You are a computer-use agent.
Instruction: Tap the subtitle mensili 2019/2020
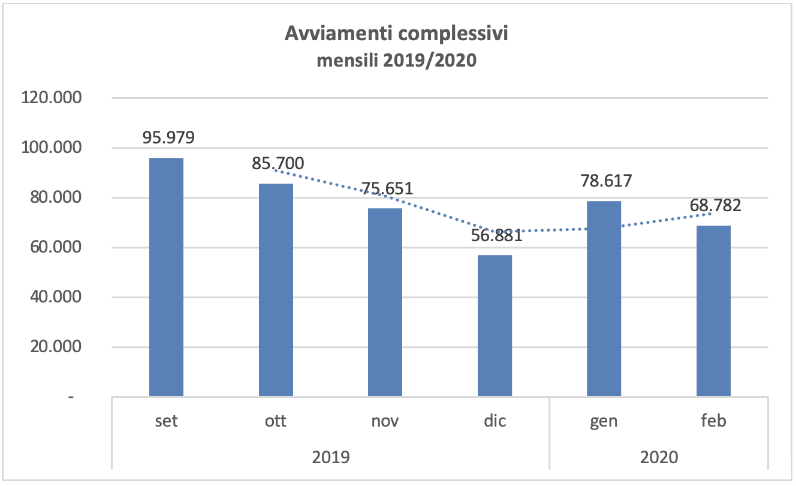tap(396, 61)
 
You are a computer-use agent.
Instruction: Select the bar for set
tap(167, 277)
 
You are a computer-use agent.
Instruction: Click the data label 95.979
tap(168, 138)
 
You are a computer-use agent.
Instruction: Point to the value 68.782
tap(715, 206)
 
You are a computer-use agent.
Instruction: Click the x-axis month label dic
tap(495, 421)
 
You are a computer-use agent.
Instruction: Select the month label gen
tap(604, 421)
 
